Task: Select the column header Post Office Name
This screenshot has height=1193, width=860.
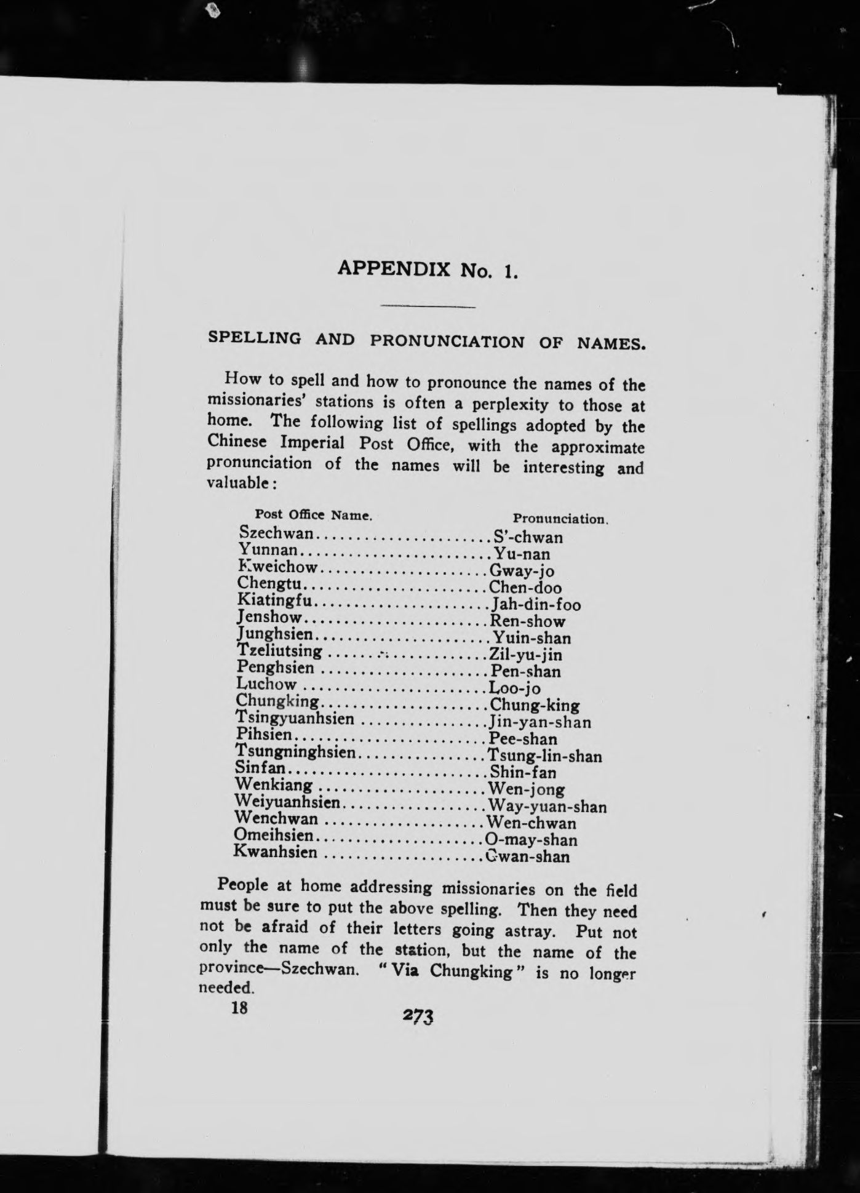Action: pyautogui.click(x=314, y=514)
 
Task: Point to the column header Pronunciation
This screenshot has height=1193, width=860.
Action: pyautogui.click(x=560, y=519)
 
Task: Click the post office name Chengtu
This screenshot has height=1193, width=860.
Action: pyautogui.click(x=269, y=583)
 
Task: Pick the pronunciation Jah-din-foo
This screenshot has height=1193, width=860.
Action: pyautogui.click(x=536, y=605)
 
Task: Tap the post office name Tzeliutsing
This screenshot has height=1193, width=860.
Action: pyautogui.click(x=279, y=650)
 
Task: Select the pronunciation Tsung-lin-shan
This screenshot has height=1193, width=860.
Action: pyautogui.click(x=545, y=756)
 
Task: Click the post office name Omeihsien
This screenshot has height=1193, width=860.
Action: pyautogui.click(x=274, y=836)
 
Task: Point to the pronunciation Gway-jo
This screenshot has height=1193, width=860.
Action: pyautogui.click(x=522, y=571)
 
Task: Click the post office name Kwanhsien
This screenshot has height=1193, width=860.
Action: pyautogui.click(x=276, y=852)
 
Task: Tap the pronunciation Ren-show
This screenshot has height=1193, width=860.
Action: pyautogui.click(x=527, y=621)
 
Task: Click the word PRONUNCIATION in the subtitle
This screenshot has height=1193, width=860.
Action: pyautogui.click(x=448, y=341)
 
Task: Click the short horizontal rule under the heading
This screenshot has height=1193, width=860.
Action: pyautogui.click(x=428, y=306)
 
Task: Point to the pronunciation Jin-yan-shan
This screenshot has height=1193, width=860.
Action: pyautogui.click(x=539, y=722)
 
